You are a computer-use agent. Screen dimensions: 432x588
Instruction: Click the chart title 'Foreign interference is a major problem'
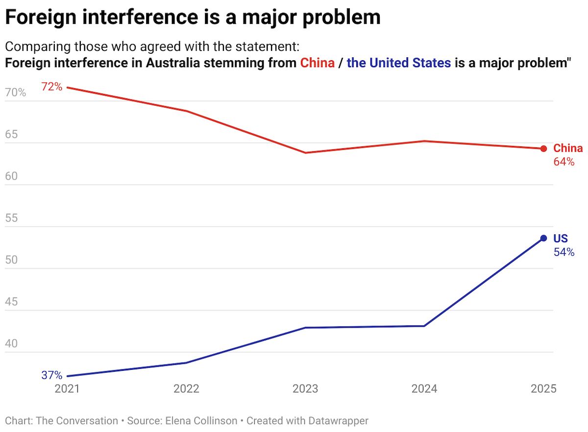click(x=192, y=18)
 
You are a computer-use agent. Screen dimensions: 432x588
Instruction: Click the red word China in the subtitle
click(x=318, y=63)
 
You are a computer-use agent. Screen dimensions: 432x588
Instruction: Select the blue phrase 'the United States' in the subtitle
click(x=398, y=63)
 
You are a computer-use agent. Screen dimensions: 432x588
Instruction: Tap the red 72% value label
click(x=51, y=87)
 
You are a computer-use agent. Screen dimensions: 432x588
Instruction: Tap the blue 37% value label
click(x=51, y=376)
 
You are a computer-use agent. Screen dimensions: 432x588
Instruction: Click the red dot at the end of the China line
click(x=543, y=149)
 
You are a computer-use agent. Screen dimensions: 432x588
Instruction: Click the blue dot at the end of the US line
click(x=543, y=238)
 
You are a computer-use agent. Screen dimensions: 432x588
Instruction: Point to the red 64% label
click(x=564, y=162)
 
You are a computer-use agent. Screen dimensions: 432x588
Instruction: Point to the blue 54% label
click(x=564, y=252)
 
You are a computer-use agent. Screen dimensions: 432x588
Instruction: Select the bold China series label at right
click(x=568, y=148)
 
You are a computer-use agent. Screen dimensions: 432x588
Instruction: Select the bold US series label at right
click(x=561, y=239)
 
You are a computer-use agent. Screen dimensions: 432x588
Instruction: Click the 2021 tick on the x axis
click(x=67, y=389)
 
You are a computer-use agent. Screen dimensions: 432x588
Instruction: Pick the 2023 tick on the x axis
click(x=305, y=389)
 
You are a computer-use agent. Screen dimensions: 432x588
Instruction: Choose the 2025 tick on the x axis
click(x=543, y=389)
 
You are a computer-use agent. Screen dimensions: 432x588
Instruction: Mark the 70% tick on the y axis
click(x=16, y=92)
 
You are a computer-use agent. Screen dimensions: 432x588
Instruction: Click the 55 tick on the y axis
click(x=11, y=218)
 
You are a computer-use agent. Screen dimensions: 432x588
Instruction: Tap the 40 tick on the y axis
click(x=11, y=344)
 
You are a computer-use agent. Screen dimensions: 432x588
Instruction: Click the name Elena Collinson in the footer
click(x=205, y=421)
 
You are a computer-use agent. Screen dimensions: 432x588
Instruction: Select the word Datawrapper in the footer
click(x=338, y=421)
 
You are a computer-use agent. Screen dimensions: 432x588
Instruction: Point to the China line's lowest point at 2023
click(x=305, y=153)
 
